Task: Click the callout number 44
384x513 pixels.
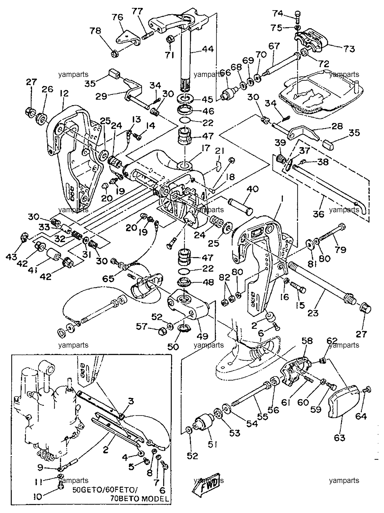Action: click(208, 49)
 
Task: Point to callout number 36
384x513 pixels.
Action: click(318, 214)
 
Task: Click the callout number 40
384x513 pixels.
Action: click(252, 189)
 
